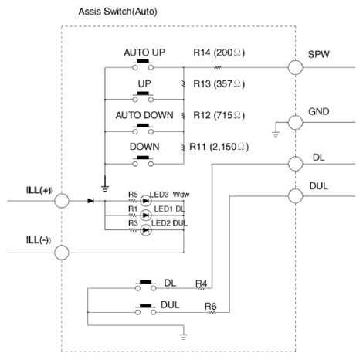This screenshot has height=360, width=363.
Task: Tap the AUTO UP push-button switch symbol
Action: click(x=144, y=68)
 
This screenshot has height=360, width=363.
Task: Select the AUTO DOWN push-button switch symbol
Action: click(x=144, y=129)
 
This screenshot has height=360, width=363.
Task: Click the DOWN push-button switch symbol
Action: click(x=144, y=161)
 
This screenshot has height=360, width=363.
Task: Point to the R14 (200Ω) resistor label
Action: click(x=219, y=54)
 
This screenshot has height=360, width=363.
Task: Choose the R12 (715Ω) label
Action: click(x=219, y=115)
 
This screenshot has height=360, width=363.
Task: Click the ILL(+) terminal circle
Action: click(x=62, y=201)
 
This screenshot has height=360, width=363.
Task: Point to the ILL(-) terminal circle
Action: click(x=62, y=252)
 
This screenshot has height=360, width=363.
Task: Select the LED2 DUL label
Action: click(x=169, y=222)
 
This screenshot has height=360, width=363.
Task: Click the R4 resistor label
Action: click(x=202, y=284)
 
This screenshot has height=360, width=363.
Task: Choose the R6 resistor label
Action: click(x=210, y=306)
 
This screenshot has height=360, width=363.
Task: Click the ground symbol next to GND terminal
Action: click(x=276, y=131)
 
